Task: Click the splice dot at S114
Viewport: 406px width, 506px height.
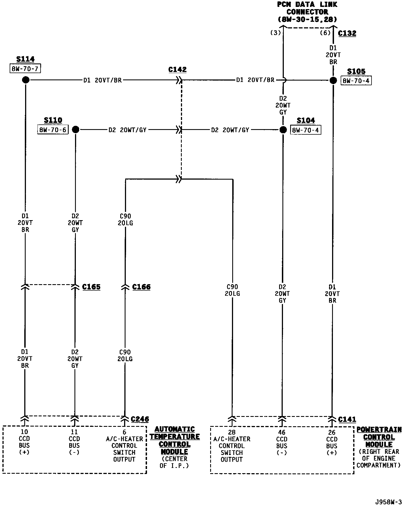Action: coord(26,80)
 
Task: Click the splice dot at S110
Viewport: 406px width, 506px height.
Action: coord(75,129)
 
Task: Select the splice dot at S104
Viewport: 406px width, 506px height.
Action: coord(283,130)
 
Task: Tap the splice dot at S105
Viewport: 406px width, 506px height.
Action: coord(333,81)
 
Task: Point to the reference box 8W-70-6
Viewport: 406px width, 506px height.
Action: coord(53,130)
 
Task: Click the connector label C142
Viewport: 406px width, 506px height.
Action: coord(177,70)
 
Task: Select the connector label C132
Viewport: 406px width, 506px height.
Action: coord(347,33)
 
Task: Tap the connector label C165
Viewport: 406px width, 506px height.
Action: coord(91,287)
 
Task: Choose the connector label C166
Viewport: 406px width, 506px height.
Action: coord(141,287)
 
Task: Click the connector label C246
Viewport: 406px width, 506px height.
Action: coord(140,419)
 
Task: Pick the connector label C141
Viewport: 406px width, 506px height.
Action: coord(347,419)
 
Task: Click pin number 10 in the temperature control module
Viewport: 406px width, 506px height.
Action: coord(24,432)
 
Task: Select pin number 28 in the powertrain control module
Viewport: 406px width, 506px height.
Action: coord(232,432)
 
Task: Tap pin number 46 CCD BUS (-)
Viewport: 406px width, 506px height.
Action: coord(282,432)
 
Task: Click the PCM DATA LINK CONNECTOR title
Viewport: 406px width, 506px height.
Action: coord(307,12)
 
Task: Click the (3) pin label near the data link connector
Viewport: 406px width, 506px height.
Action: coord(275,33)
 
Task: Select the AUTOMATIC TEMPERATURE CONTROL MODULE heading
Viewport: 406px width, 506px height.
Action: coord(175,440)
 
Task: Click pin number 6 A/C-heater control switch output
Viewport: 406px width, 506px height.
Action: coord(124,432)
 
